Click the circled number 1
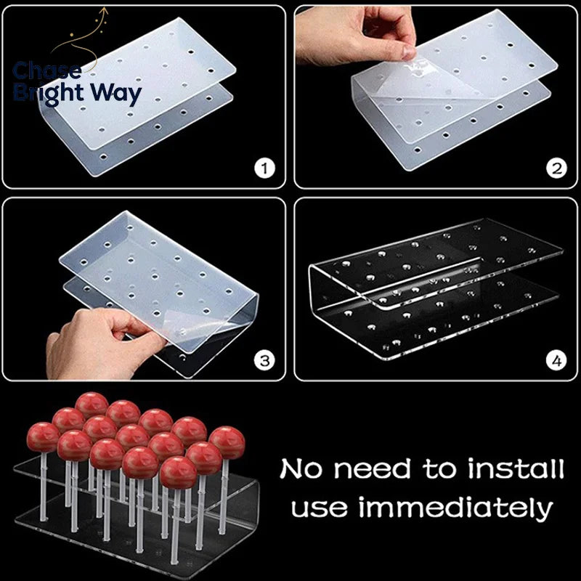click(264, 169)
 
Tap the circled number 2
click(556, 169)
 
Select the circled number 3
click(264, 360)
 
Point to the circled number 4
click(556, 360)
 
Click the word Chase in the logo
click(47, 70)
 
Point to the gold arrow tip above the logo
click(105, 9)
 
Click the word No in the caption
click(301, 468)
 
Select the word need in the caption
click(372, 468)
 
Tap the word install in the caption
click(516, 468)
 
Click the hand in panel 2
click(356, 35)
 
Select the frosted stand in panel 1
click(137, 97)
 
